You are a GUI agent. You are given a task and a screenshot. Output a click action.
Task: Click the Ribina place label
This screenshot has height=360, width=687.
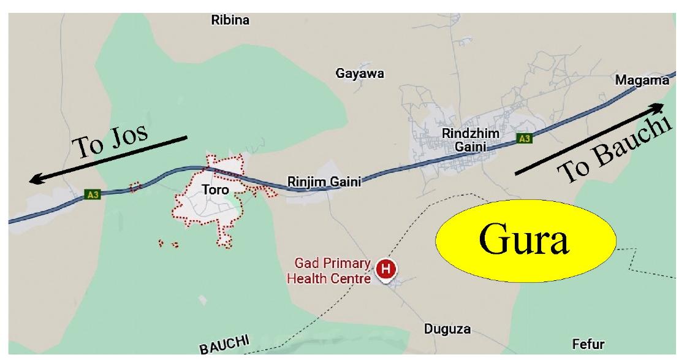(x=230, y=20)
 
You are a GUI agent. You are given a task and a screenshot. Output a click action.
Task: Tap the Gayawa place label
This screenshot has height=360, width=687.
(x=360, y=74)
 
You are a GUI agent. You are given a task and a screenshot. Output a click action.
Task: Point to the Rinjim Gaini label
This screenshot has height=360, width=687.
(x=324, y=182)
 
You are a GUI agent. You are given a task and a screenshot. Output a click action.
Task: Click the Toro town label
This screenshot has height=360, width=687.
(x=215, y=190)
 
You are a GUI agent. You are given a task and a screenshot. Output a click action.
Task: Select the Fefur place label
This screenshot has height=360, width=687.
(x=588, y=344)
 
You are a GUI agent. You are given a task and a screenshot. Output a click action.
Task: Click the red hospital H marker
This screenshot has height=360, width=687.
(x=385, y=269)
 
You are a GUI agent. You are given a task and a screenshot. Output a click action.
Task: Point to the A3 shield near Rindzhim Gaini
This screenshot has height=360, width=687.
(x=523, y=139)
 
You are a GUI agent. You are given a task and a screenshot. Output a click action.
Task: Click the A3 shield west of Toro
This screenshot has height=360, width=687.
(x=92, y=194)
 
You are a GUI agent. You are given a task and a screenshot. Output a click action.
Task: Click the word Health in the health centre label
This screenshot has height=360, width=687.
(x=308, y=278)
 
